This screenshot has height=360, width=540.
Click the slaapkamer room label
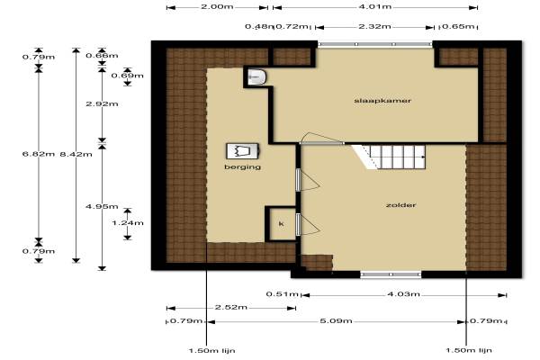pyautogui.click(x=382, y=101)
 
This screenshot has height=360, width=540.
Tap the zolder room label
pyautogui.click(x=400, y=205)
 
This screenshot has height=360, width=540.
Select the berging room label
pyautogui.click(x=242, y=167)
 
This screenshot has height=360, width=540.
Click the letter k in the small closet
pyautogui.click(x=282, y=224)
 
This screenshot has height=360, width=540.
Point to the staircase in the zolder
pyautogui.click(x=389, y=157)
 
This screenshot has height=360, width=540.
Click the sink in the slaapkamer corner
pyautogui.click(x=256, y=76)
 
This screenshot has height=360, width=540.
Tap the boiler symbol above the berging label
pyautogui.click(x=242, y=151)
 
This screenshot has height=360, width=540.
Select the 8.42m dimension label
pyautogui.click(x=76, y=154)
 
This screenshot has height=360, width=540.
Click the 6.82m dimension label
pyautogui.click(x=39, y=154)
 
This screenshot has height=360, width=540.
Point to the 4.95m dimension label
pyautogui.click(x=102, y=206)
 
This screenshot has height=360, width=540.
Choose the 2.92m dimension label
pyautogui.click(x=102, y=103)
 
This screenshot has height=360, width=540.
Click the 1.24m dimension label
pyautogui.click(x=128, y=223)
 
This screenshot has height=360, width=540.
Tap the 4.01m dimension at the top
pyautogui.click(x=375, y=6)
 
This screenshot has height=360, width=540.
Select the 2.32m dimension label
pyautogui.click(x=374, y=26)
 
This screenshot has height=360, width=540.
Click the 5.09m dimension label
pyautogui.click(x=336, y=321)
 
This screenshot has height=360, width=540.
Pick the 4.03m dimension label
pyautogui.click(x=403, y=294)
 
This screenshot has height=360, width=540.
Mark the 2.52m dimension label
pyautogui.click(x=231, y=307)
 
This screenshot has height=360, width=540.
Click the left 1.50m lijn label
pyautogui.click(x=212, y=351)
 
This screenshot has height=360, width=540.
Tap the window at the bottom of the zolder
pyautogui.click(x=391, y=274)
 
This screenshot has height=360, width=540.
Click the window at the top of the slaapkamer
pyautogui.click(x=375, y=44)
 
